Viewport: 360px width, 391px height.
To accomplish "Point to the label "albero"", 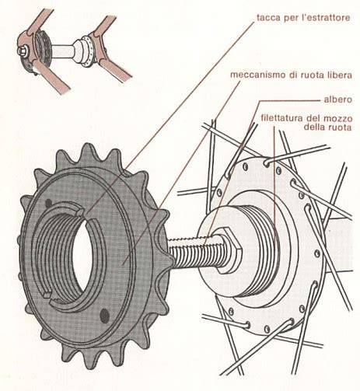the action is pos(338,99).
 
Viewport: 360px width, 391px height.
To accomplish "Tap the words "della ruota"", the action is pos(327,127).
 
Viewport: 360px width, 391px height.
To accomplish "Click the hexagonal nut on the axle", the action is pos(228,250).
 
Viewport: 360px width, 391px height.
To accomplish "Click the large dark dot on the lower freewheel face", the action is pos(104,316).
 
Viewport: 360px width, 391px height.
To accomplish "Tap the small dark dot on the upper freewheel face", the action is pos(48,203).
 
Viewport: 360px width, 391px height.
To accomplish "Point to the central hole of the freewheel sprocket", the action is pos(82,255).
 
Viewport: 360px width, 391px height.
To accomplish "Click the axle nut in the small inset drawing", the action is pos(23,51).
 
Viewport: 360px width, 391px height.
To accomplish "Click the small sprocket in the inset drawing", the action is pos(42,49).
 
